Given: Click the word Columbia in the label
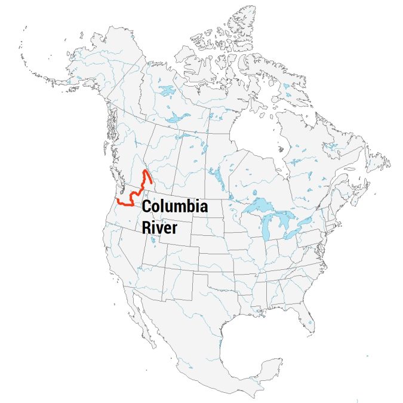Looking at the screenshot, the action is pyautogui.click(x=175, y=207).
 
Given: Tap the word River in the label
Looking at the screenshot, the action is pyautogui.click(x=159, y=227).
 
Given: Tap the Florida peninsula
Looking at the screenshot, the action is pyautogui.click(x=308, y=319).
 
